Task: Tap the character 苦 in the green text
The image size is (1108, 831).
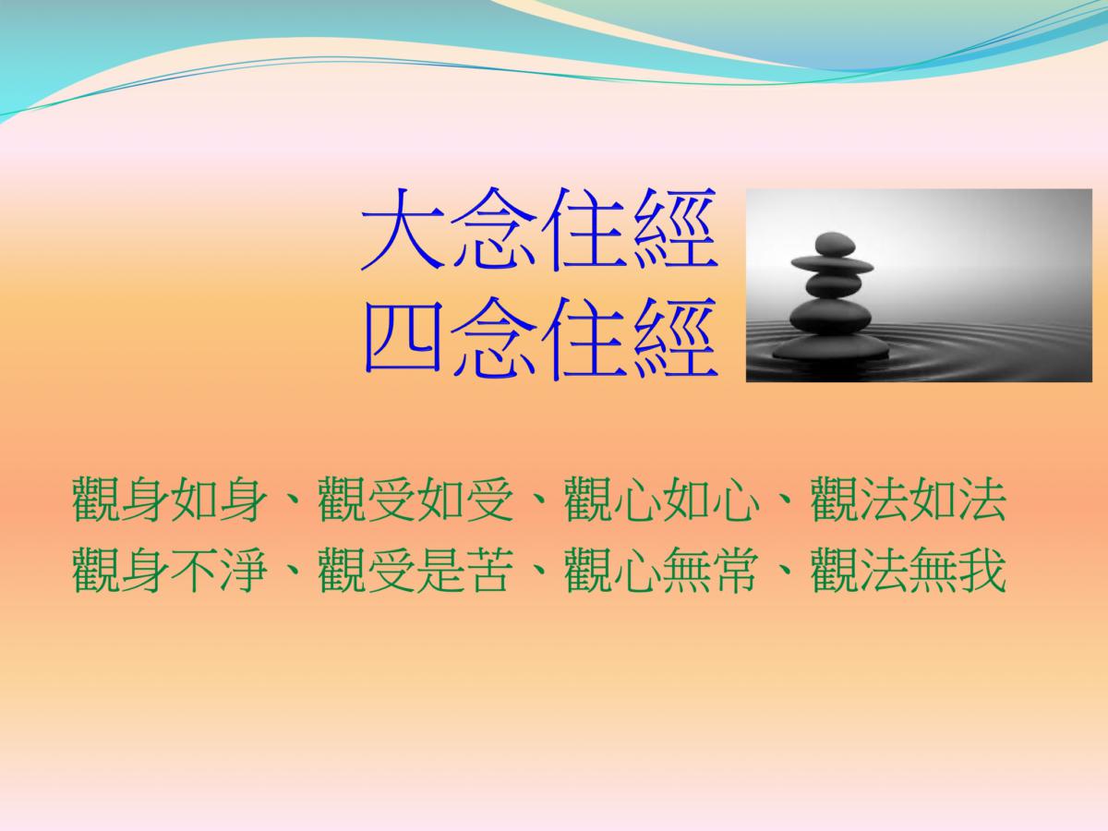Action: (x=489, y=570)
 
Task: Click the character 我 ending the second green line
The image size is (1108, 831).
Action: (x=982, y=570)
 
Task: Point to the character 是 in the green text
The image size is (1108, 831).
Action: (x=440, y=570)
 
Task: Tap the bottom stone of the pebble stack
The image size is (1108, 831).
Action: (x=830, y=347)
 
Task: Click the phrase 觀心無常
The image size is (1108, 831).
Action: (x=662, y=570)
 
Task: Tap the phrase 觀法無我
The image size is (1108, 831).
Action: (x=909, y=570)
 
